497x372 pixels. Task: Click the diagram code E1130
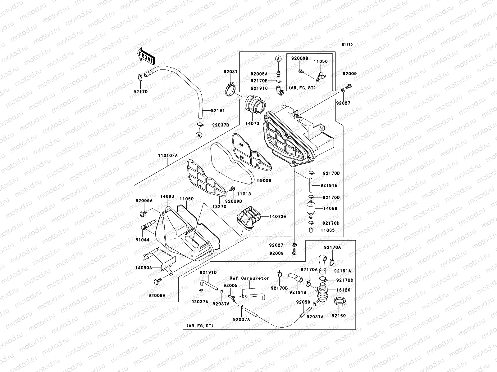[347, 45]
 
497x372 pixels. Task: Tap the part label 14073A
[278, 217]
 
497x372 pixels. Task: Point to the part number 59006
[264, 180]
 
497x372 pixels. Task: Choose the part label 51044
[142, 240]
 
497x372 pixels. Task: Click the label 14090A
[143, 268]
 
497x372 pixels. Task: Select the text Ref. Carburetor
[249, 278]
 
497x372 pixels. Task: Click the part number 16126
[343, 290]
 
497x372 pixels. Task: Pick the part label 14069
[330, 209]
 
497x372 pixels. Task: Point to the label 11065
[328, 230]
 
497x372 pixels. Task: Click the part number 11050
[320, 62]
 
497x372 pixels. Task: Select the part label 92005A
[259, 74]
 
